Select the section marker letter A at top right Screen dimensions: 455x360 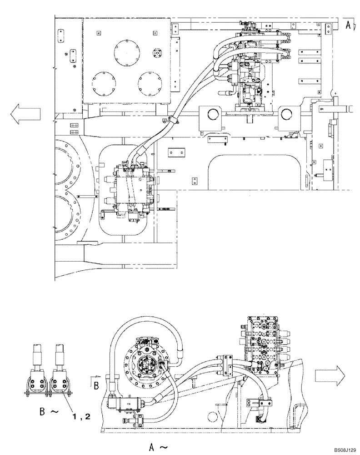pos(347,25)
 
